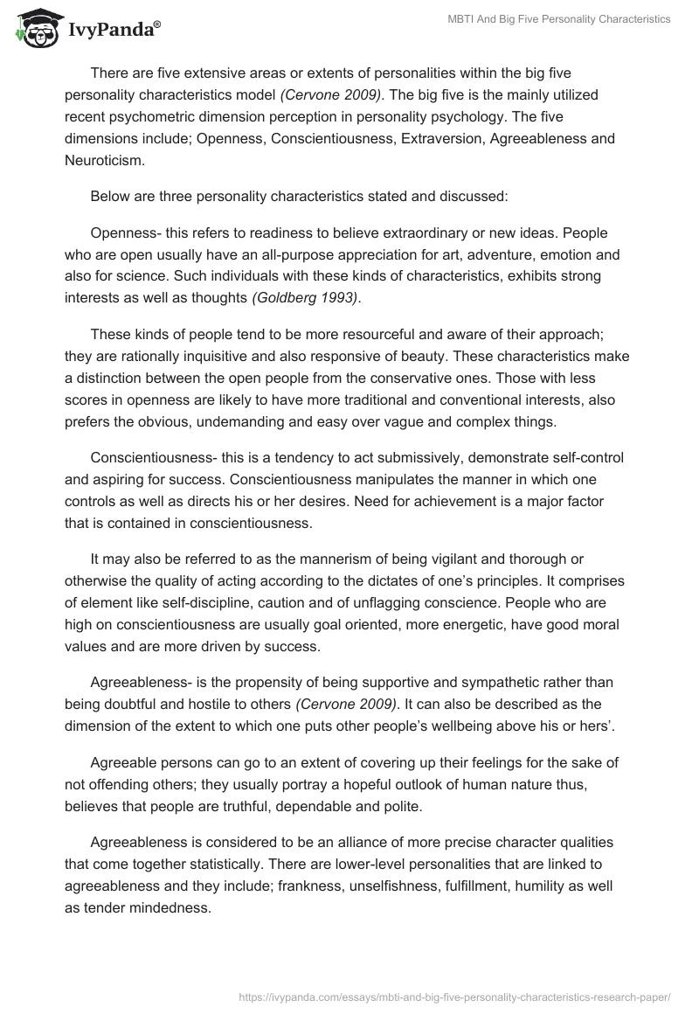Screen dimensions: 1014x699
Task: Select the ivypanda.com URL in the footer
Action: (x=453, y=996)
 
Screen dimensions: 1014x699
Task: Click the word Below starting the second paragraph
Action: (x=110, y=197)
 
